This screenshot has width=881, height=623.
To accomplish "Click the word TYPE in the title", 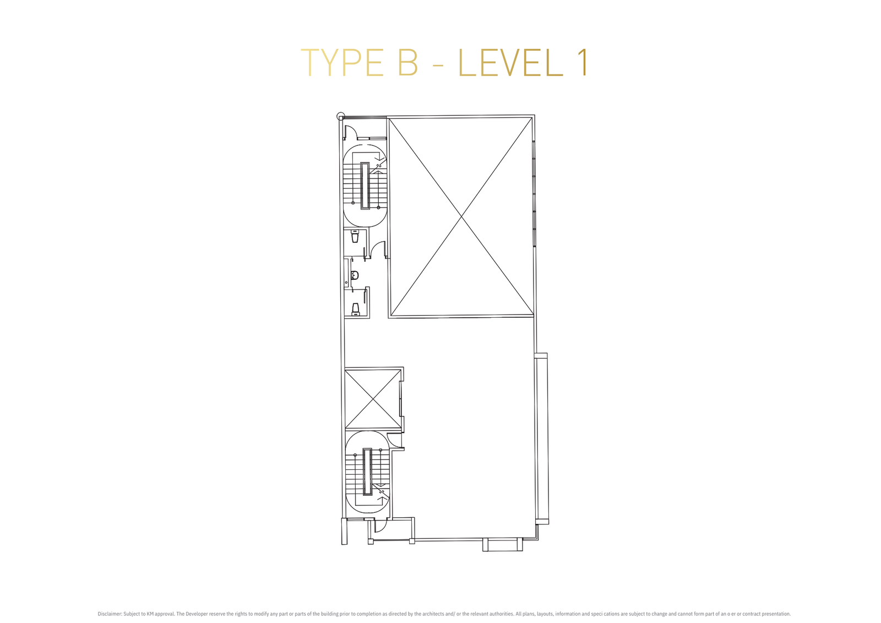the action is (x=342, y=63).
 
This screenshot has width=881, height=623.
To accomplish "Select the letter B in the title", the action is (x=407, y=63).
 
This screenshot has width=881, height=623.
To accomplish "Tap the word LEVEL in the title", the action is (x=512, y=63).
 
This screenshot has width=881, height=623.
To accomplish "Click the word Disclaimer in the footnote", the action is (x=110, y=614).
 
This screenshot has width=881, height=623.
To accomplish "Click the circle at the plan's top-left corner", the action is (x=341, y=116).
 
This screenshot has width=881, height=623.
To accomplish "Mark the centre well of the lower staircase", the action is (x=367, y=472).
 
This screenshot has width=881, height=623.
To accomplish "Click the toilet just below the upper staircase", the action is (x=355, y=236).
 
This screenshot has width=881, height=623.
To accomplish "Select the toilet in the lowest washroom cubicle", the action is (x=356, y=309).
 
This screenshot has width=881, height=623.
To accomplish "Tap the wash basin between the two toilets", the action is (x=355, y=275).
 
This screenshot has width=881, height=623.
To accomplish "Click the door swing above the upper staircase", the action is (x=351, y=132).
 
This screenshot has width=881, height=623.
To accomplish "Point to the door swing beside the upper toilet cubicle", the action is (x=377, y=249).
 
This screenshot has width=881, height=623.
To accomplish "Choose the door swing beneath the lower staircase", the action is (x=380, y=526).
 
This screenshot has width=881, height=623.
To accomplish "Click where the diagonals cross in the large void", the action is (x=461, y=216).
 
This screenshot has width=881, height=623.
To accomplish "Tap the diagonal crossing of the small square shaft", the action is (x=373, y=399).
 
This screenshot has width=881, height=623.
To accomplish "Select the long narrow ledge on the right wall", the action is (x=542, y=438).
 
